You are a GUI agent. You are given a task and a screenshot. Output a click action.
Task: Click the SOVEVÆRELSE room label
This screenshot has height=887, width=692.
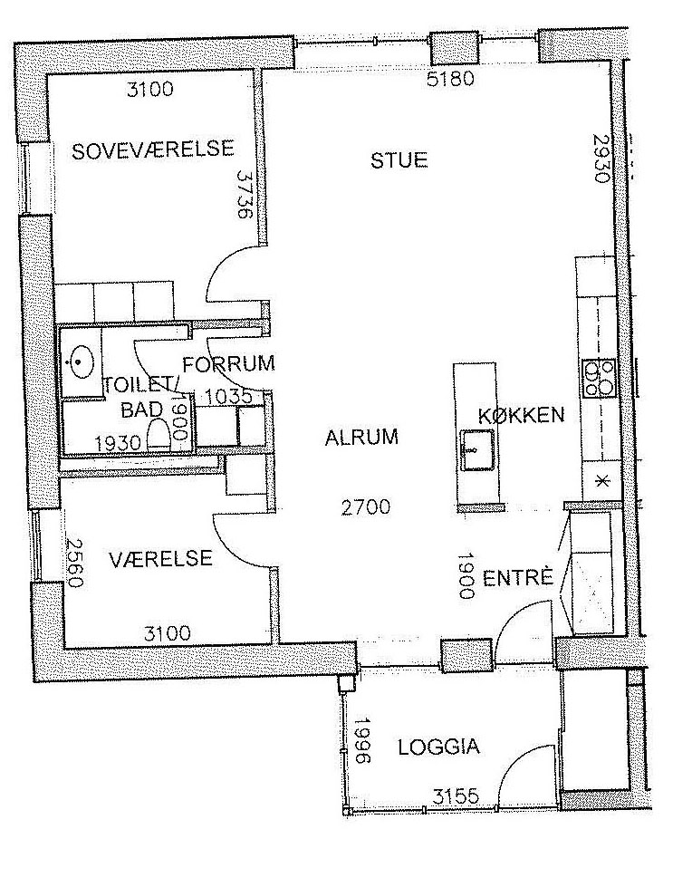153,149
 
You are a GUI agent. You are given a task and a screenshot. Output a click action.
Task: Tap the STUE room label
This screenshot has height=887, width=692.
399,160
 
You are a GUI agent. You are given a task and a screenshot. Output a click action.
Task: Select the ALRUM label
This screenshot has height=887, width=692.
361,438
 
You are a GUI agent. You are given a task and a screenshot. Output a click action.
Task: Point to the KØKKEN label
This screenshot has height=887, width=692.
521,415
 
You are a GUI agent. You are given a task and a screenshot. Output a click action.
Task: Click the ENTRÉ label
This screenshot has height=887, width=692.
517,577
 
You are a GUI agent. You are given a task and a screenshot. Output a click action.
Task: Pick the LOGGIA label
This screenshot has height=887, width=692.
439,747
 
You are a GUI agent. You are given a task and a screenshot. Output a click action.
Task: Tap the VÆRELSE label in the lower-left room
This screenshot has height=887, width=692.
160,559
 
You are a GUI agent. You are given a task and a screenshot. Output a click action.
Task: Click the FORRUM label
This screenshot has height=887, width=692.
228,363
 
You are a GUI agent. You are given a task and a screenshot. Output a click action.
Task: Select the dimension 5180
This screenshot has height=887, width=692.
450,79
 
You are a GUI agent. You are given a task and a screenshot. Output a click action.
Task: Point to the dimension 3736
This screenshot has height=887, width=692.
245,196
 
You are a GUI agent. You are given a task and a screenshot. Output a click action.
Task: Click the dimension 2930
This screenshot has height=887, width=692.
601,158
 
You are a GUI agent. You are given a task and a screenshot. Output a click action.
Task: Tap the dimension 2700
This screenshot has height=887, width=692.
366,506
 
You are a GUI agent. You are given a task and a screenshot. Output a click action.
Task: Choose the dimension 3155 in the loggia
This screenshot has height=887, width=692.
457,796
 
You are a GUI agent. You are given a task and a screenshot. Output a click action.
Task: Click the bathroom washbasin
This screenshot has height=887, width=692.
81,360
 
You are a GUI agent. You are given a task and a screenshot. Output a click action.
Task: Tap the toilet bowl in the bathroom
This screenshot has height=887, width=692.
159,435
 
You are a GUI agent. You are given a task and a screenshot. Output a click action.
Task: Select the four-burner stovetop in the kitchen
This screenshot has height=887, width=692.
599,379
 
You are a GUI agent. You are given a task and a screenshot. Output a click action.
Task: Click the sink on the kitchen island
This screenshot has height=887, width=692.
477,450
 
